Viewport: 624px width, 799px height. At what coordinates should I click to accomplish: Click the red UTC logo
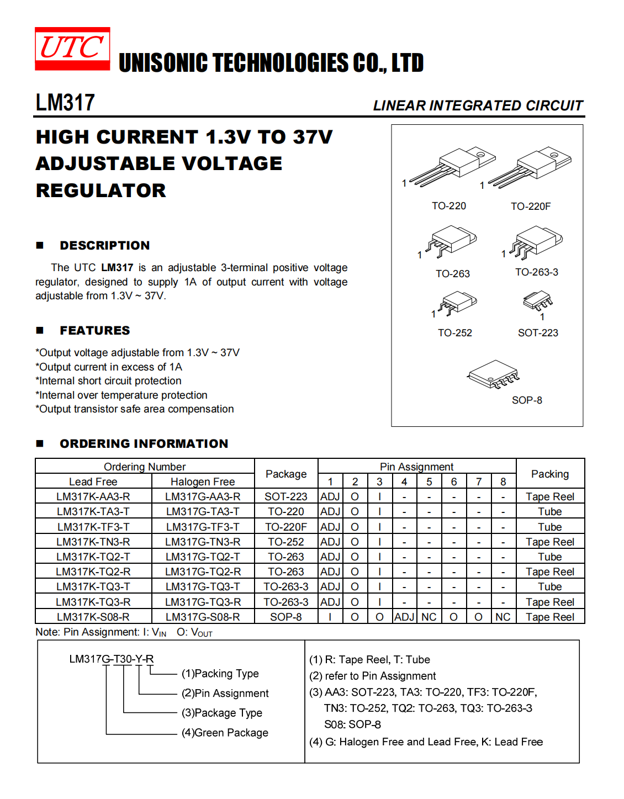coord(72,49)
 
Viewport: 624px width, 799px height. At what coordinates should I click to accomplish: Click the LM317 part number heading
coord(65,103)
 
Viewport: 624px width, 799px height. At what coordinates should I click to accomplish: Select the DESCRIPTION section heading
coord(104,246)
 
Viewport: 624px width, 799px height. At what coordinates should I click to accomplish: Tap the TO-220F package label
coord(530,207)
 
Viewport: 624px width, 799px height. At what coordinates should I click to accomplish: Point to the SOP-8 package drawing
coord(493,374)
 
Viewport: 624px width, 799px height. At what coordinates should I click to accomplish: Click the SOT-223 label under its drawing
coord(538,333)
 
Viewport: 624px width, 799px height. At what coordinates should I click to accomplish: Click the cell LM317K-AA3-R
coord(93,497)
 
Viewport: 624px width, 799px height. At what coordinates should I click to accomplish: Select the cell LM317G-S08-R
coord(203,617)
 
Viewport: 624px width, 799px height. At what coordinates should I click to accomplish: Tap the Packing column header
coord(549,474)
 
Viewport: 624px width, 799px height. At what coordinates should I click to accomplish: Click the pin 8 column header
coord(503,481)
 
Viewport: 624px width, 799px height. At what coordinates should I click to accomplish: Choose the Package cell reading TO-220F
coord(285,527)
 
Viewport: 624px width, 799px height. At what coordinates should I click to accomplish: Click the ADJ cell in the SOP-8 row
coord(404,617)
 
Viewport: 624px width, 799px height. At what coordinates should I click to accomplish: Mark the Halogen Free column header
coord(203,481)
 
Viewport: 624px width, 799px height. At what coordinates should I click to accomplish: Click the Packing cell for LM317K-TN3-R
coord(549,542)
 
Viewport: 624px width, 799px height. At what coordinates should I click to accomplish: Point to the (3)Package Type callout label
coord(222,713)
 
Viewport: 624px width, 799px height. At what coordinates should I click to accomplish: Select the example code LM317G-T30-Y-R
coord(112,659)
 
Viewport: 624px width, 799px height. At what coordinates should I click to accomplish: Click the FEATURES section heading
coord(95,331)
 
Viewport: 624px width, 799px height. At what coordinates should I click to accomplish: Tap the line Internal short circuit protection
coord(109,381)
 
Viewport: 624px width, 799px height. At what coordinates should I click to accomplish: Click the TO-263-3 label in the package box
coord(536,272)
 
